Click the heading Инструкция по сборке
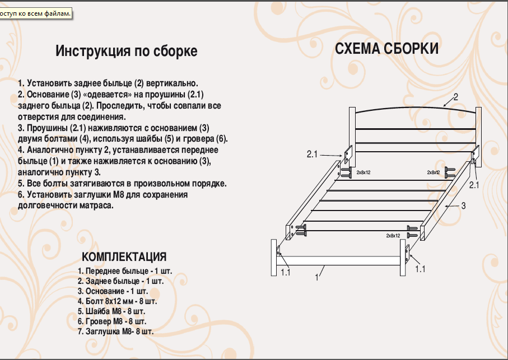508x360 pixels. click(126, 52)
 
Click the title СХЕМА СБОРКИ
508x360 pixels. click(386, 49)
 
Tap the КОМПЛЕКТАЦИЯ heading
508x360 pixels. click(124, 257)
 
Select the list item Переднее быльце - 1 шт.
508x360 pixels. click(125, 271)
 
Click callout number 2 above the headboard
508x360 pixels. click(456, 97)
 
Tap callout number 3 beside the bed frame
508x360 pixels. click(463, 205)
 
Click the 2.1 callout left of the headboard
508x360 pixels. click(313, 153)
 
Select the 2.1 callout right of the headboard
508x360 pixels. click(474, 184)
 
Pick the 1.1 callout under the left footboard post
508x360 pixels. click(286, 273)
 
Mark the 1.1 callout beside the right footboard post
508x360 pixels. click(420, 269)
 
